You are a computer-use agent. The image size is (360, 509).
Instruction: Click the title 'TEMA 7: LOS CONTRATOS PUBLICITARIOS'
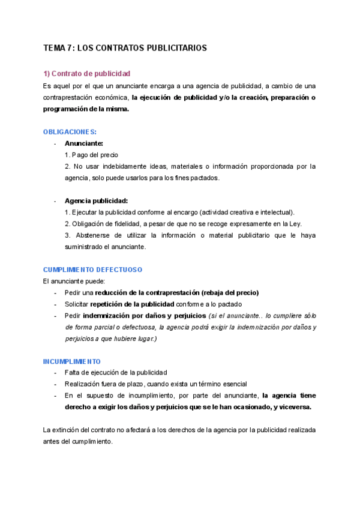[125, 47]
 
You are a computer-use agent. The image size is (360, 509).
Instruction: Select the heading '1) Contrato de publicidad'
[86, 73]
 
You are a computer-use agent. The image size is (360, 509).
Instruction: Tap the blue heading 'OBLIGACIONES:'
[70, 131]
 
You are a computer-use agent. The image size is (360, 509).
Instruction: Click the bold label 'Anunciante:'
[84, 143]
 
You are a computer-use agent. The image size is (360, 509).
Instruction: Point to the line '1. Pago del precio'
[91, 155]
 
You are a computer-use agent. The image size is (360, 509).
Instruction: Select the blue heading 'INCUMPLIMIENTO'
[72, 361]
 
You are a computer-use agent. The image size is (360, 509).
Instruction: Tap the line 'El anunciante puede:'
[74, 281]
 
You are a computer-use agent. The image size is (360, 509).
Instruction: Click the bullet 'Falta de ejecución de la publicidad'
[116, 373]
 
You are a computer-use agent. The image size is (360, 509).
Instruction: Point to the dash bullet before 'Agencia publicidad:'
[55, 201]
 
